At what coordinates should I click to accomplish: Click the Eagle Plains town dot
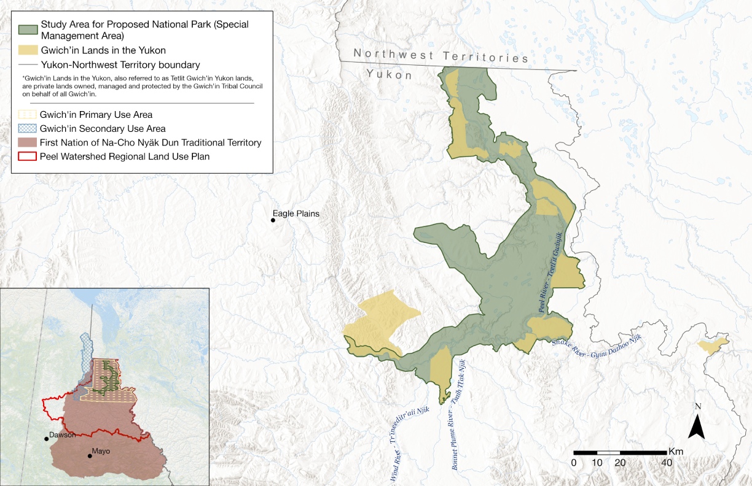coord(273,220)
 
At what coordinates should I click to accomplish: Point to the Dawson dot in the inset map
coord(46,438)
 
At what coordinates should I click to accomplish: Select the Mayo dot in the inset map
coord(90,455)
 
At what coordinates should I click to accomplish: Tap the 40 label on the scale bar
coord(666,462)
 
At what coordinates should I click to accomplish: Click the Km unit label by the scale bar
coord(676,451)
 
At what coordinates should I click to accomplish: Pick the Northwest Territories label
coord(441,56)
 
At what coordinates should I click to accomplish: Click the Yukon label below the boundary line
coord(389,74)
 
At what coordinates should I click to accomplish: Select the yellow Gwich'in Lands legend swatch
coord(26,50)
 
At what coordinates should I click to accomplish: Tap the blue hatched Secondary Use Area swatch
coord(26,129)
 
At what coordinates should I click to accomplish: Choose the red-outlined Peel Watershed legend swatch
coord(26,156)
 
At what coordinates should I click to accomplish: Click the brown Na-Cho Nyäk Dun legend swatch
coord(26,142)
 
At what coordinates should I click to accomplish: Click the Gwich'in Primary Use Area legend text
coord(96,115)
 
